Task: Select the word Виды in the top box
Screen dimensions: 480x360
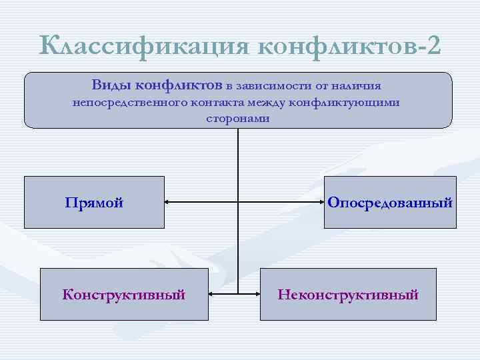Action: pyautogui.click(x=111, y=85)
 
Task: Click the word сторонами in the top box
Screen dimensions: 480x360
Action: pyautogui.click(x=238, y=119)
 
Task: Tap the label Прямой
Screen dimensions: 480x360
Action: pyautogui.click(x=94, y=203)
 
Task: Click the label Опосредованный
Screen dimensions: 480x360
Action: pyautogui.click(x=390, y=203)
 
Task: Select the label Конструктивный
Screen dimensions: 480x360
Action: pyautogui.click(x=124, y=294)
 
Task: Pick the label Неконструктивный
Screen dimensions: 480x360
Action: pyautogui.click(x=348, y=294)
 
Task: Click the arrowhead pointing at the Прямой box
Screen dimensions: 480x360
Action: pyautogui.click(x=168, y=202)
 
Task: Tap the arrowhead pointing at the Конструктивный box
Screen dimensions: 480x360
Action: pyautogui.click(x=212, y=293)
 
